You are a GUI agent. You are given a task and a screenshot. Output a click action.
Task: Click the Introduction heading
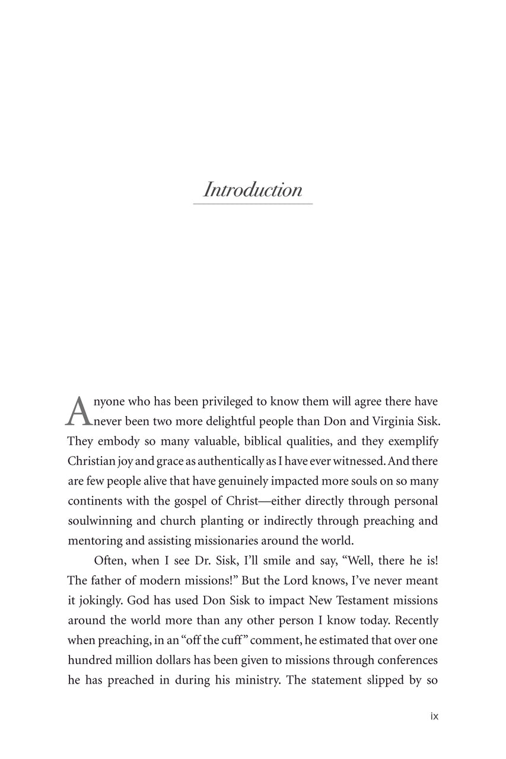pos(253,190)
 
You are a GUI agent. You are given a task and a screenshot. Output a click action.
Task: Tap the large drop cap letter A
pos(78,411)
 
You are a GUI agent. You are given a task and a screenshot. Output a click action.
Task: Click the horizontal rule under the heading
pos(253,204)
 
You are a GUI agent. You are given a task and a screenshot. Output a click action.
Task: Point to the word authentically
pos(233,461)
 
